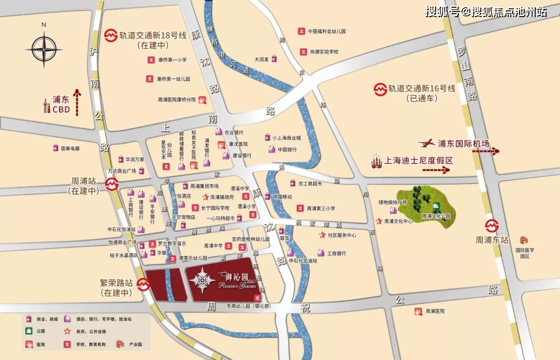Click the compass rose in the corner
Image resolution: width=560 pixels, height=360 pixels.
click(44, 49)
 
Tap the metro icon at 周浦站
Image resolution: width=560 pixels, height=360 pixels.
click(111, 185)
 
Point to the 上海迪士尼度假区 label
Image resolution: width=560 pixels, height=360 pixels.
click(418, 161)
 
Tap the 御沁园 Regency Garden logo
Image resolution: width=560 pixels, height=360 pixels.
click(202, 280)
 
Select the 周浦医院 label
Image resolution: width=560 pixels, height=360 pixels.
click(436, 311)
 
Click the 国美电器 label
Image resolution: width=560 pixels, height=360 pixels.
click(69, 148)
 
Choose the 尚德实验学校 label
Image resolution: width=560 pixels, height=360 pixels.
click(324, 52)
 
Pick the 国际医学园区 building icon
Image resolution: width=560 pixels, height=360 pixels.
click(524, 240)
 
